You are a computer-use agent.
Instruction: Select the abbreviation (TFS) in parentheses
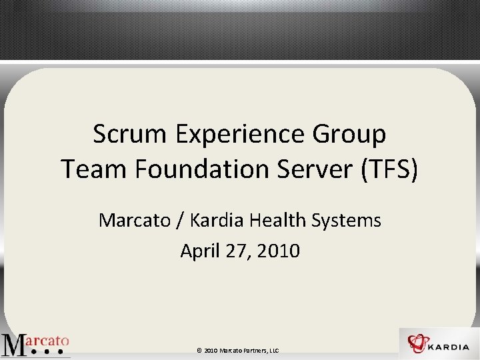tap(390, 170)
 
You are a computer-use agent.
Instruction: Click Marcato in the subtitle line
tap(135, 220)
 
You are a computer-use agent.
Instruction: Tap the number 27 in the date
tap(236, 251)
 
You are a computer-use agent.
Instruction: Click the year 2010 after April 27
tap(278, 251)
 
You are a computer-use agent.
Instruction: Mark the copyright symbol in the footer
tap(199, 350)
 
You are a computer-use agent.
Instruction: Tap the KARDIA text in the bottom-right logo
tap(451, 347)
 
